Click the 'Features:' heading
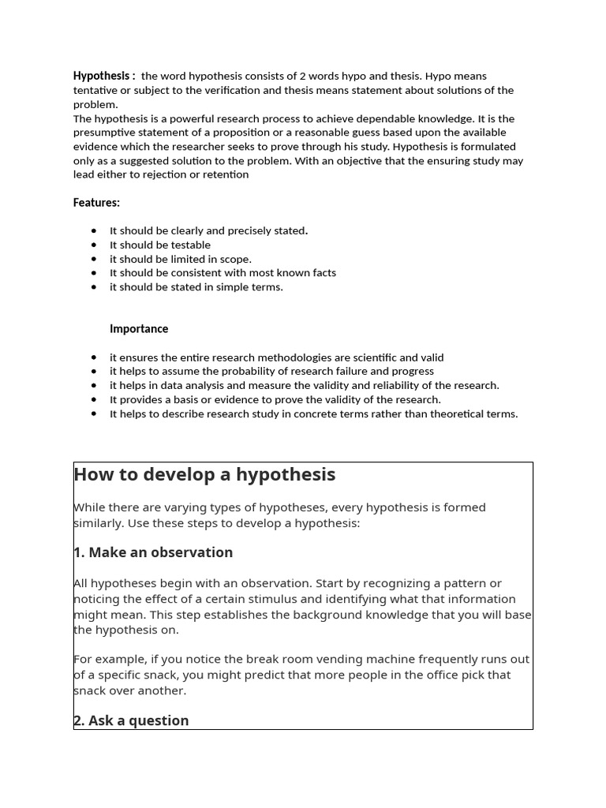[x=96, y=203]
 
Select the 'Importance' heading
[x=139, y=329]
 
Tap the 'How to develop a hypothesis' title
[x=204, y=474]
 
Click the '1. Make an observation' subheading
[x=153, y=552]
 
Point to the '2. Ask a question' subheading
[x=131, y=720]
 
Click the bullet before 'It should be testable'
[x=94, y=245]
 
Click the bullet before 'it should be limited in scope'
[x=94, y=259]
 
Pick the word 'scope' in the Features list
[x=236, y=259]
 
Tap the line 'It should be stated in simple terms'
[x=196, y=287]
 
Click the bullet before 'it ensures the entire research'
[x=94, y=357]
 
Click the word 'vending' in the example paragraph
[x=284, y=660]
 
